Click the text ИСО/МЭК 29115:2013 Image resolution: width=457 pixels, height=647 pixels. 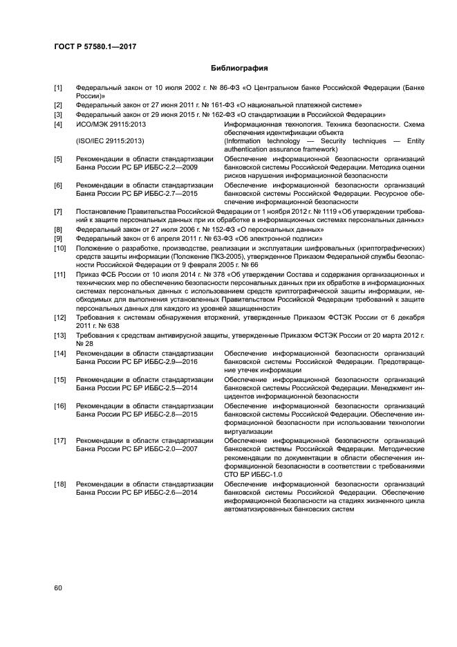(111, 124)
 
